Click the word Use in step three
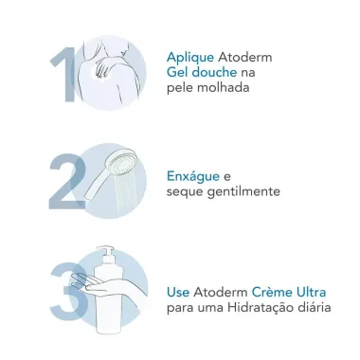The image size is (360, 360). [179, 293]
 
